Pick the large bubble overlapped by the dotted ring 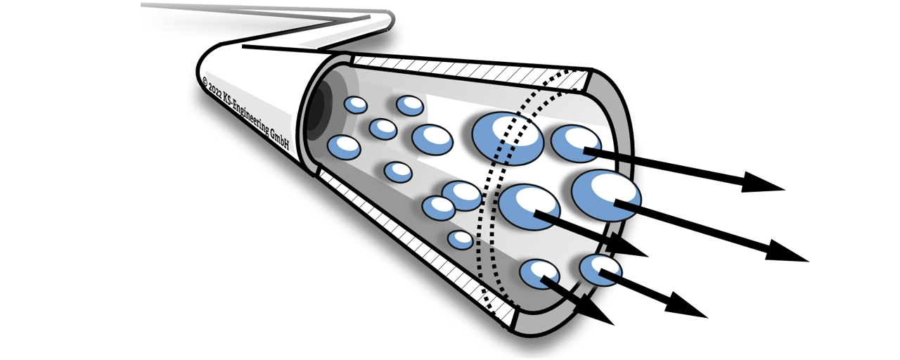pyautogui.click(x=507, y=138)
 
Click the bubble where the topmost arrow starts pyautogui.click(x=576, y=143)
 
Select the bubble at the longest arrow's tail pyautogui.click(x=605, y=195)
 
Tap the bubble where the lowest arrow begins pyautogui.click(x=539, y=274)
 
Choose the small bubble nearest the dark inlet pyautogui.click(x=355, y=105)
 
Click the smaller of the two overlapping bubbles pyautogui.click(x=438, y=207)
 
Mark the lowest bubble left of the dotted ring pyautogui.click(x=460, y=240)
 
